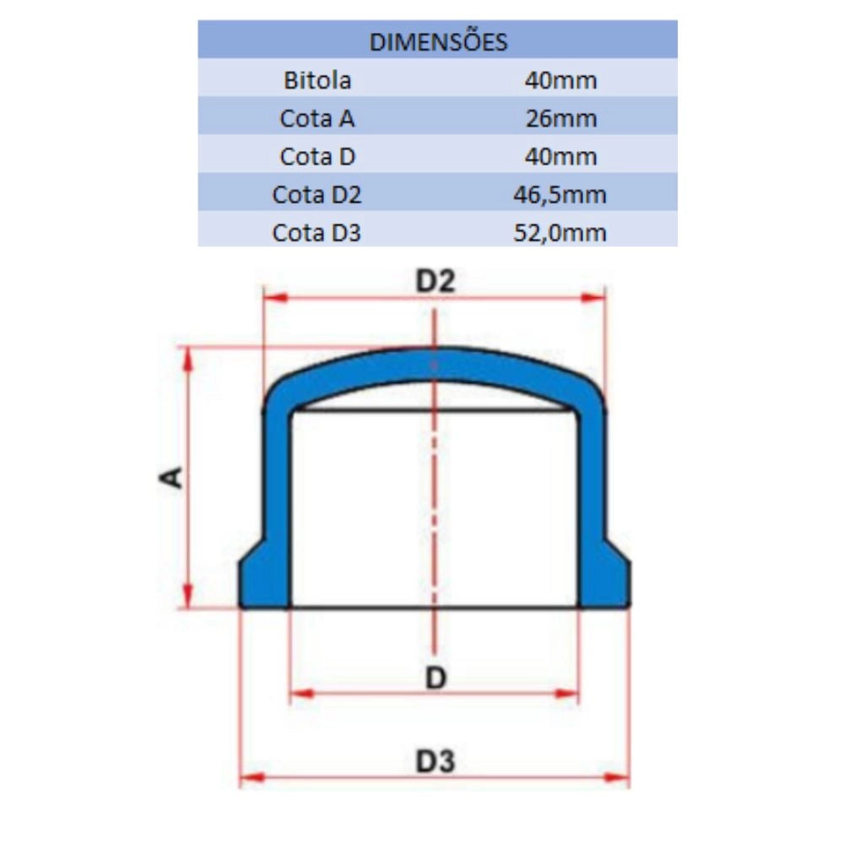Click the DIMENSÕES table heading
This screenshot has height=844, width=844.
[438, 41]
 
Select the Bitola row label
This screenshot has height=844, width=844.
[317, 80]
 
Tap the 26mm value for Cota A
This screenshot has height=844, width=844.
[561, 118]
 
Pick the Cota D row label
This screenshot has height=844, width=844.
[317, 157]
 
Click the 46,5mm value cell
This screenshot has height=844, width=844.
[560, 195]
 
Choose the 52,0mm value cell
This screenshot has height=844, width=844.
[560, 233]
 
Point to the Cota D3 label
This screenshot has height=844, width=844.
[316, 233]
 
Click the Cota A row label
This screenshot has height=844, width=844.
[317, 118]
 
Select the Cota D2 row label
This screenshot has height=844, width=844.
[316, 195]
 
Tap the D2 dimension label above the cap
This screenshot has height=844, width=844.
[435, 281]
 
